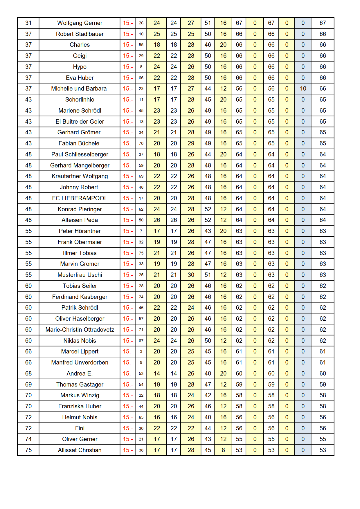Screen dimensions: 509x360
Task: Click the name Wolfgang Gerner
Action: (x=80, y=23)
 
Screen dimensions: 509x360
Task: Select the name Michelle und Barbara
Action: (x=79, y=89)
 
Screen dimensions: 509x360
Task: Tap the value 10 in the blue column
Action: (x=303, y=89)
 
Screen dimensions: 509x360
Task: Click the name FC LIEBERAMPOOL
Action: (x=80, y=198)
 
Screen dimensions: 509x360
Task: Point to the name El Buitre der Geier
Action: (x=80, y=122)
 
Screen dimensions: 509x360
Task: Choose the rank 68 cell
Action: (x=28, y=373)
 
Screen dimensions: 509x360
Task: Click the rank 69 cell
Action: (x=28, y=385)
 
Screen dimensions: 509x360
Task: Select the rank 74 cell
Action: (x=28, y=439)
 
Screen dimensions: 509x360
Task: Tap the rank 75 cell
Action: (x=28, y=450)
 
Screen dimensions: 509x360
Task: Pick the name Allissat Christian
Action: (x=80, y=450)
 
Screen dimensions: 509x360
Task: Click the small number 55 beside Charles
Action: (x=141, y=45)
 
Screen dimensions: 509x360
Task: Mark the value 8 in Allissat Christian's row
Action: (x=223, y=450)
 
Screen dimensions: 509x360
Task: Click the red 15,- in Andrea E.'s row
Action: (x=128, y=373)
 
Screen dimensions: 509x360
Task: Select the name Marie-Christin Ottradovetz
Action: (x=80, y=330)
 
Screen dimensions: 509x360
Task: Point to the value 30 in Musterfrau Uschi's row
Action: (x=191, y=275)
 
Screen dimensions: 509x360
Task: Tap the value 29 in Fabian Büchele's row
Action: (x=191, y=143)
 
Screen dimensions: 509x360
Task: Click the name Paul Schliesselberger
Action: (x=80, y=154)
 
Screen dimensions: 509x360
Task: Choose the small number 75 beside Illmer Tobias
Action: (x=141, y=253)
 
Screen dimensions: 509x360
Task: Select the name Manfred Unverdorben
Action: (x=80, y=362)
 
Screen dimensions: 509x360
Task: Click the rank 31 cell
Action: (x=28, y=23)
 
